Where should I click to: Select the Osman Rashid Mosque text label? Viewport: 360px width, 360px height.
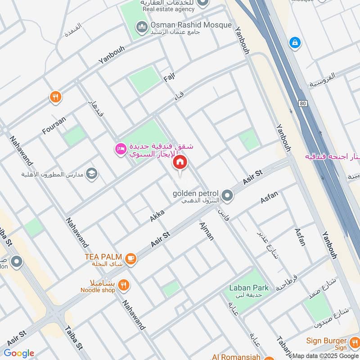click(x=191, y=25)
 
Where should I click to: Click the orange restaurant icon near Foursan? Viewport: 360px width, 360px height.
click(x=55, y=97)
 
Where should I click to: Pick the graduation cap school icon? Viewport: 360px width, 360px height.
click(x=92, y=174)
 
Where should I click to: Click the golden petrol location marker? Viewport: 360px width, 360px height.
click(x=227, y=195)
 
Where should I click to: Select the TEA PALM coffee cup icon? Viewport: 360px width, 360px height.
click(x=131, y=258)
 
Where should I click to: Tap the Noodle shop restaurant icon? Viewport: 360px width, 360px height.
click(x=124, y=285)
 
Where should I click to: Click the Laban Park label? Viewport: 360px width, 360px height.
click(x=248, y=288)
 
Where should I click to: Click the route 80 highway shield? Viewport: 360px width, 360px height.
click(x=301, y=103)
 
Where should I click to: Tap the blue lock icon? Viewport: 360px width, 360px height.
click(x=295, y=43)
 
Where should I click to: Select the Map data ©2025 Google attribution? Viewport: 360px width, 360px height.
click(x=325, y=355)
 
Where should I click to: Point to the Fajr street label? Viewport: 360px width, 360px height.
click(x=169, y=77)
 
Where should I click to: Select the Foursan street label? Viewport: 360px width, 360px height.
click(x=54, y=125)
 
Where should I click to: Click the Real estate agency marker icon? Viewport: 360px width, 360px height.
click(x=203, y=3)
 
